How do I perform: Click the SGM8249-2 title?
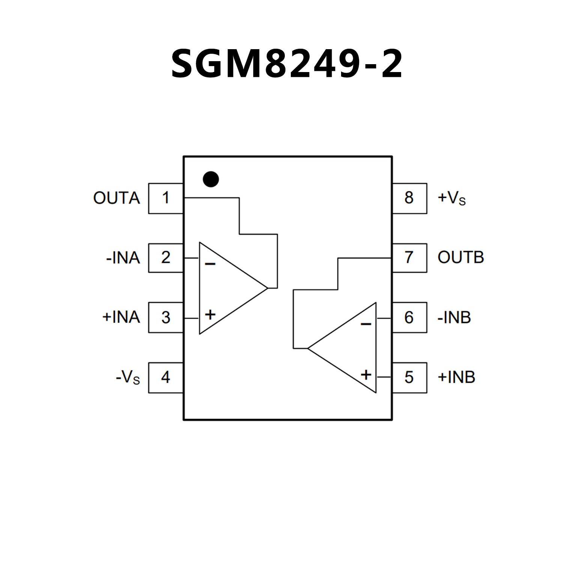pos(287,64)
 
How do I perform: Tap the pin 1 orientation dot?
pos(211,179)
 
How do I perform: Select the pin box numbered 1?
pos(165,198)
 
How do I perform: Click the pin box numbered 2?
pos(165,258)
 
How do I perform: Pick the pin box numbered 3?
pos(165,317)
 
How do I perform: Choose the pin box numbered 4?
pos(165,377)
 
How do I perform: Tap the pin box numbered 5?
pos(409,377)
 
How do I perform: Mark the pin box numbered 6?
pos(409,317)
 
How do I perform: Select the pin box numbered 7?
pos(409,258)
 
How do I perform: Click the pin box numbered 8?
pos(409,198)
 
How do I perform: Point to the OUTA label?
pos(116,198)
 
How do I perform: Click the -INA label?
pos(123,258)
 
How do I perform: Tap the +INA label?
pos(121,317)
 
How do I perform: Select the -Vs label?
pos(128,377)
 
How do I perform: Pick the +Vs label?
pos(451,198)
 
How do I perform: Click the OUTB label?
pos(461,258)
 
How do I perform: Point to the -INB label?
pos(454,318)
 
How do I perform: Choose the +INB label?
pos(456,377)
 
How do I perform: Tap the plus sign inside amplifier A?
pos(210,314)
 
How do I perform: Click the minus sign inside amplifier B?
pos(366,324)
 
